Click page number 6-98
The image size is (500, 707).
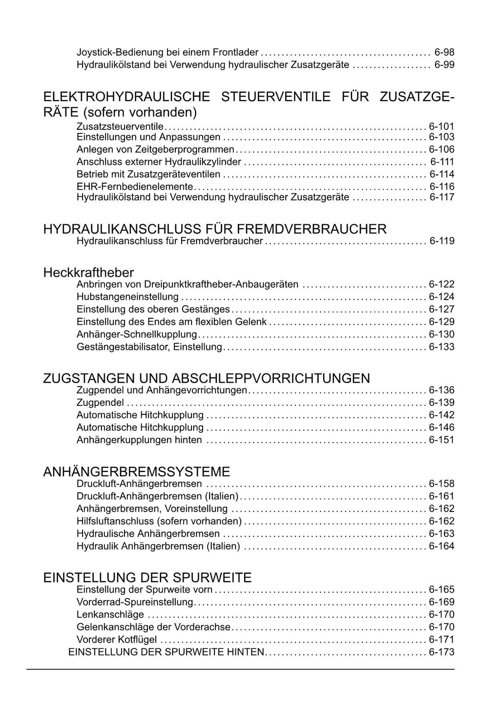(x=444, y=52)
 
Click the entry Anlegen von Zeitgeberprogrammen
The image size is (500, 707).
(x=156, y=150)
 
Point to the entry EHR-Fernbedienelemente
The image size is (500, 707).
(x=135, y=187)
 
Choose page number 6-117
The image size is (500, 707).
(x=441, y=197)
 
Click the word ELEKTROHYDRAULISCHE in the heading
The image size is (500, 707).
(x=126, y=97)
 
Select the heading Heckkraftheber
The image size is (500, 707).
(x=88, y=272)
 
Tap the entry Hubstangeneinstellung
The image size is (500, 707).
(x=127, y=297)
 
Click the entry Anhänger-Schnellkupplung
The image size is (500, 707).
(x=137, y=334)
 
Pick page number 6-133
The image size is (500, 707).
(x=441, y=347)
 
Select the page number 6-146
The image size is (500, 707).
(x=441, y=428)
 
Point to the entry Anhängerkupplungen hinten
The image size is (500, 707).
(x=139, y=440)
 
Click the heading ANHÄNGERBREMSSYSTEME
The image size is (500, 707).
(x=137, y=472)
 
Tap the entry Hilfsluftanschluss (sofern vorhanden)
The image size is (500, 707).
(x=159, y=521)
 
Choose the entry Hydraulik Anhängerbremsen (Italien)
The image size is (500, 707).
(x=158, y=546)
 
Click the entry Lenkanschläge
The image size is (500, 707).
(x=110, y=615)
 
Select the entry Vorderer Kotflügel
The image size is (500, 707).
(x=117, y=640)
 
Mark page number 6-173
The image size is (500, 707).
(x=441, y=652)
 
